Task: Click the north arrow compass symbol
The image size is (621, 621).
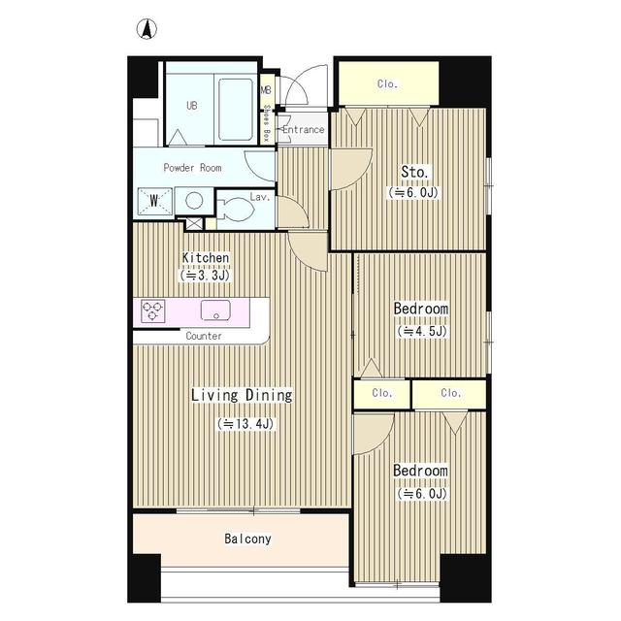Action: [147, 29]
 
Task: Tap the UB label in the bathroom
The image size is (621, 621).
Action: [192, 106]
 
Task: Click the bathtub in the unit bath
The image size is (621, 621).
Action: [236, 110]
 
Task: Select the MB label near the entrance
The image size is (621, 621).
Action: [266, 90]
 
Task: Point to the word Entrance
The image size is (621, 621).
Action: [303, 129]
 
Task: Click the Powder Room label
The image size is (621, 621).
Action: [192, 168]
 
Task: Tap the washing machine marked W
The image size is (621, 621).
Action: [155, 201]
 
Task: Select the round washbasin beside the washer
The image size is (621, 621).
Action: [194, 201]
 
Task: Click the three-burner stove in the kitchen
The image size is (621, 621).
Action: [153, 310]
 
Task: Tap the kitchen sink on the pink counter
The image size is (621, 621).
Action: [215, 310]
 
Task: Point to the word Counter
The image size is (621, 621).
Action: [204, 336]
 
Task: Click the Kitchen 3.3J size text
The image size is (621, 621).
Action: [205, 276]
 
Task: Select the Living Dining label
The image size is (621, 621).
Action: [242, 395]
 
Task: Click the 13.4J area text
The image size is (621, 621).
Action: [245, 424]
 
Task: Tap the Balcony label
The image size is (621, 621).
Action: [247, 539]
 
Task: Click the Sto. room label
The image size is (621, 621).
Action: [414, 172]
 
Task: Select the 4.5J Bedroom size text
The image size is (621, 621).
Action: [422, 331]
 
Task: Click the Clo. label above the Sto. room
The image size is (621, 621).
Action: [387, 84]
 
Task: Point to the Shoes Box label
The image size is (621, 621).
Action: [266, 123]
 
